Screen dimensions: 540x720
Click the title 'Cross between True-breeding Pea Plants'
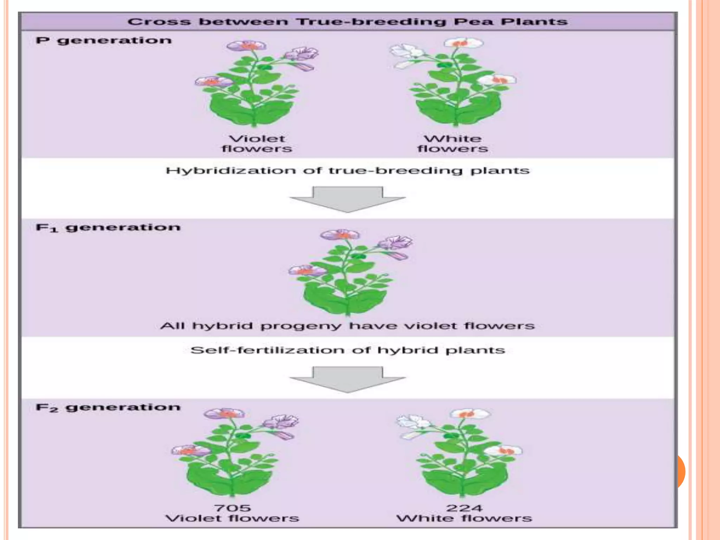(x=347, y=22)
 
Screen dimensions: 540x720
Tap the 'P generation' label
(x=104, y=40)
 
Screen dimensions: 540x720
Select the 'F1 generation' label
(x=108, y=227)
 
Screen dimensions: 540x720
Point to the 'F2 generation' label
(x=108, y=407)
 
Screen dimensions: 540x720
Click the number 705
(x=232, y=508)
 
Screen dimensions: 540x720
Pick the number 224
(x=464, y=508)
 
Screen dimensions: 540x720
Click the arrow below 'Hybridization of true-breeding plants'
(x=347, y=199)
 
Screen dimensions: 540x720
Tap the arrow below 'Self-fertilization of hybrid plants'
(x=347, y=379)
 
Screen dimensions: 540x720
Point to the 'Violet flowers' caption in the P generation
(x=257, y=144)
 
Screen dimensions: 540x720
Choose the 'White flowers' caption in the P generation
(x=453, y=144)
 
